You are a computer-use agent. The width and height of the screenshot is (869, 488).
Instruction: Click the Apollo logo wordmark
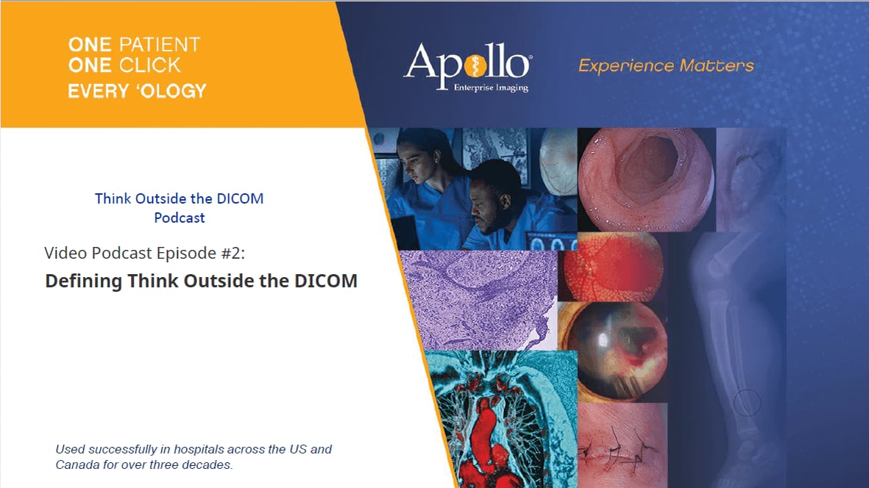467,62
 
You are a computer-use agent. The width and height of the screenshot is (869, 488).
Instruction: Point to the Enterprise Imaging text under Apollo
491,88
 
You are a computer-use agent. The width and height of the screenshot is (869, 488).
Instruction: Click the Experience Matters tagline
666,65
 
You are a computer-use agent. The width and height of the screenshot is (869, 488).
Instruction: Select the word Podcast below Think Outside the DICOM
180,218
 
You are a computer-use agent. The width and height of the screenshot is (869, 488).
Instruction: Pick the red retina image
612,266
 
